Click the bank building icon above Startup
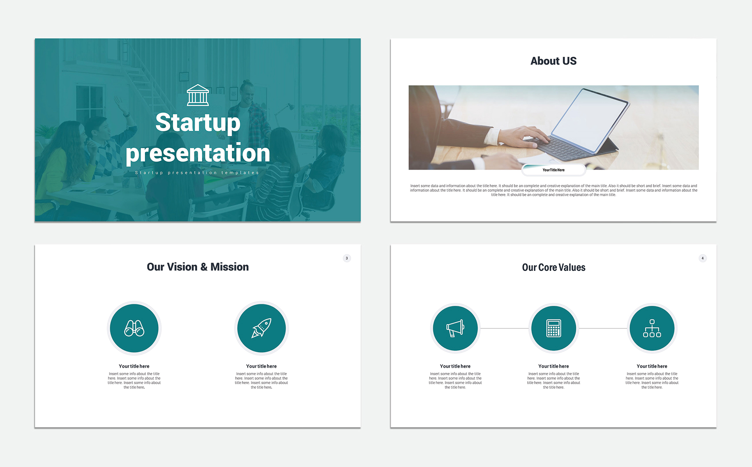tap(198, 95)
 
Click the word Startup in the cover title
tap(198, 123)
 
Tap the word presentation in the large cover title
tap(198, 153)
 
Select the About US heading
tap(553, 61)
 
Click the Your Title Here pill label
tap(553, 170)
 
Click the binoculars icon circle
tap(134, 328)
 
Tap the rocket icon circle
tap(261, 328)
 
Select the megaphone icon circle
tap(455, 328)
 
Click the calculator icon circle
tap(554, 328)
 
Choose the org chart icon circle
tap(652, 328)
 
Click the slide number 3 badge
tap(347, 258)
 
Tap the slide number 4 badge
tap(703, 258)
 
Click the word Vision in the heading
tap(182, 267)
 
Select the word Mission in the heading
tap(229, 267)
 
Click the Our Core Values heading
tap(554, 267)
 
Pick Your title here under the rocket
tap(261, 366)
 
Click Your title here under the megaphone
tap(455, 366)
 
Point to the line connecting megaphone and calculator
tap(505, 328)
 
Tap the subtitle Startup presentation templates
tap(197, 173)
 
